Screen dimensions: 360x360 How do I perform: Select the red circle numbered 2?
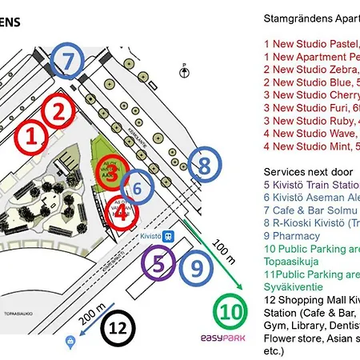[x=58, y=112]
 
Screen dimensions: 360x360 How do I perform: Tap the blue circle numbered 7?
[x=69, y=59]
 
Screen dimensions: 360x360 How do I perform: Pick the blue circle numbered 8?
[x=204, y=166]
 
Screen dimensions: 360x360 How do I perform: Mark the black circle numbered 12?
[x=118, y=328]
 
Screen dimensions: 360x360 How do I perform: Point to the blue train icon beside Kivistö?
[x=170, y=237]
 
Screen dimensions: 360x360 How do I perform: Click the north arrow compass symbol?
[x=185, y=71]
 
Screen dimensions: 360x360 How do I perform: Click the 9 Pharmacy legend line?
[x=291, y=236]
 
